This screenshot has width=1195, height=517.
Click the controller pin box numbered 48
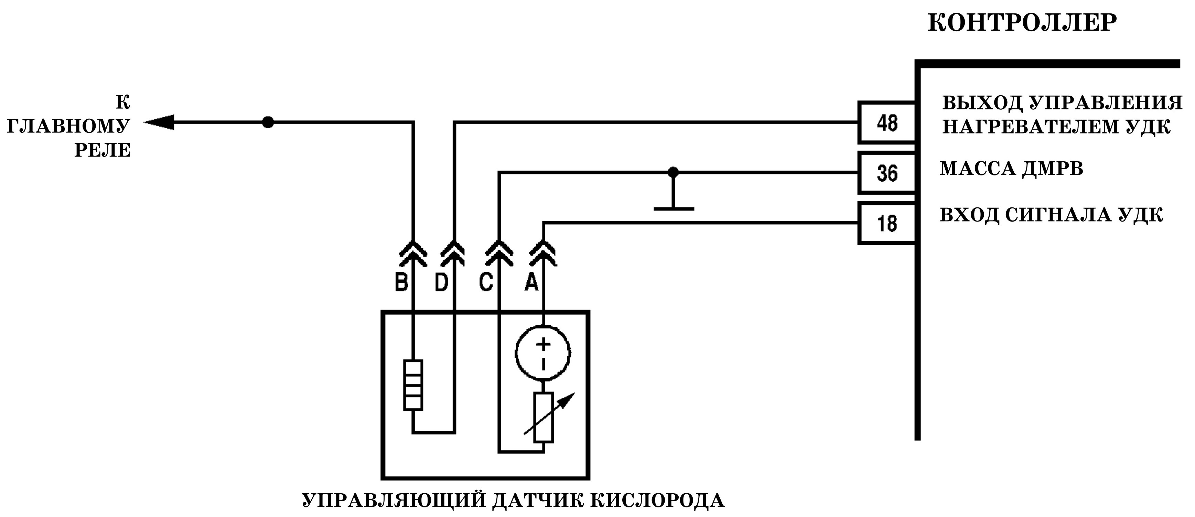pos(886,122)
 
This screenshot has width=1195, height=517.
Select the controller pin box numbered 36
pos(886,173)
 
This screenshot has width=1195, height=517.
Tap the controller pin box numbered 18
pos(886,223)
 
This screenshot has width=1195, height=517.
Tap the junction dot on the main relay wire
pos(268,122)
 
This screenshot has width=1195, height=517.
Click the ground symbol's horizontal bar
pos(674,209)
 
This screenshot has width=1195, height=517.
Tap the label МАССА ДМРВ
pos(1011,169)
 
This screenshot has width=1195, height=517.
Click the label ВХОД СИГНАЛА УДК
pos(1051,215)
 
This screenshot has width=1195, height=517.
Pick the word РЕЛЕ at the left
pos(103,150)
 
